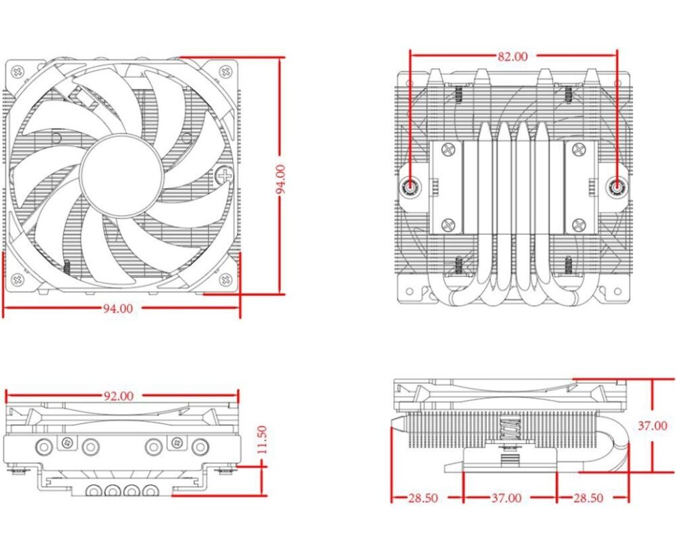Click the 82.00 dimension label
[x=512, y=57]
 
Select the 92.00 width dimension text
[x=118, y=396]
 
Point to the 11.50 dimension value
[x=262, y=440]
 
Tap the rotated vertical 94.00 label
[x=281, y=179]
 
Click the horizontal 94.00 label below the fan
[x=118, y=308]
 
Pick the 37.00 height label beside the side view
[x=653, y=425]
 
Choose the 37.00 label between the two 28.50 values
[x=506, y=498]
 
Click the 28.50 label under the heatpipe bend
[x=588, y=498]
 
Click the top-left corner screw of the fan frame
[x=18, y=72]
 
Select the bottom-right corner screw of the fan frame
[x=225, y=279]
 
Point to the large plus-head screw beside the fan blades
[x=225, y=175]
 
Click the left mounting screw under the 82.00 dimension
[x=410, y=187]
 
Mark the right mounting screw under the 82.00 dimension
[x=617, y=187]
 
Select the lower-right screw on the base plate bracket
[x=579, y=225]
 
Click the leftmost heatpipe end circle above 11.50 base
[x=44, y=446]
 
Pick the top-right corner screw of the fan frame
[x=225, y=72]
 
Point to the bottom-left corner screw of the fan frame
[x=18, y=279]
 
